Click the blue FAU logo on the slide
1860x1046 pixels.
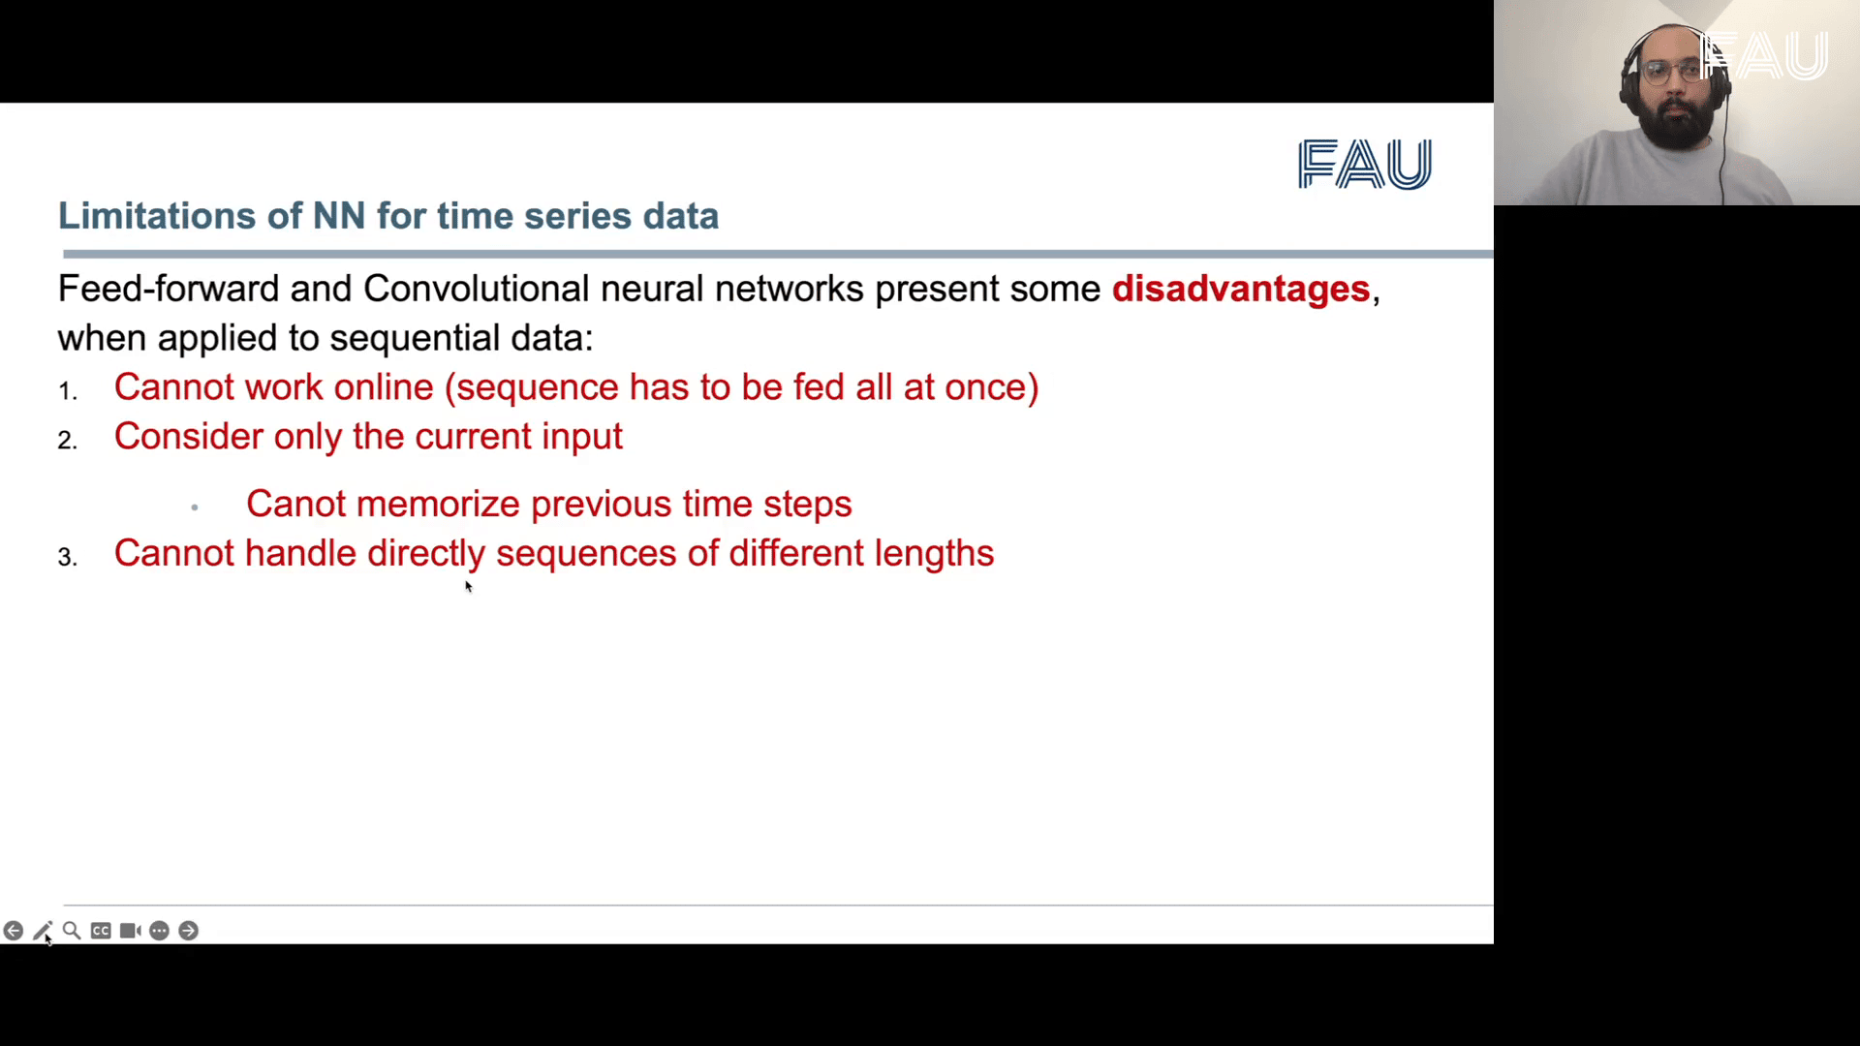click(1365, 164)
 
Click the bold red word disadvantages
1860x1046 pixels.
click(1240, 289)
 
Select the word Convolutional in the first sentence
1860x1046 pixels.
click(476, 289)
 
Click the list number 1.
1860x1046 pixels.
click(67, 390)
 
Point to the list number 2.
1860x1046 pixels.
click(67, 440)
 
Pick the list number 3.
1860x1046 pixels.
click(67, 557)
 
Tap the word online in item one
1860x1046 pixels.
click(384, 387)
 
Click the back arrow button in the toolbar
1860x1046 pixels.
click(14, 931)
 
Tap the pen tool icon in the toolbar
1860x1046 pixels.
click(43, 931)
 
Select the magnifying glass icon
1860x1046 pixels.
click(72, 931)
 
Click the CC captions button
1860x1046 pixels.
click(101, 931)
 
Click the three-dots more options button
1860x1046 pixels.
click(160, 931)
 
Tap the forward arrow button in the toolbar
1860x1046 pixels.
click(189, 931)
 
